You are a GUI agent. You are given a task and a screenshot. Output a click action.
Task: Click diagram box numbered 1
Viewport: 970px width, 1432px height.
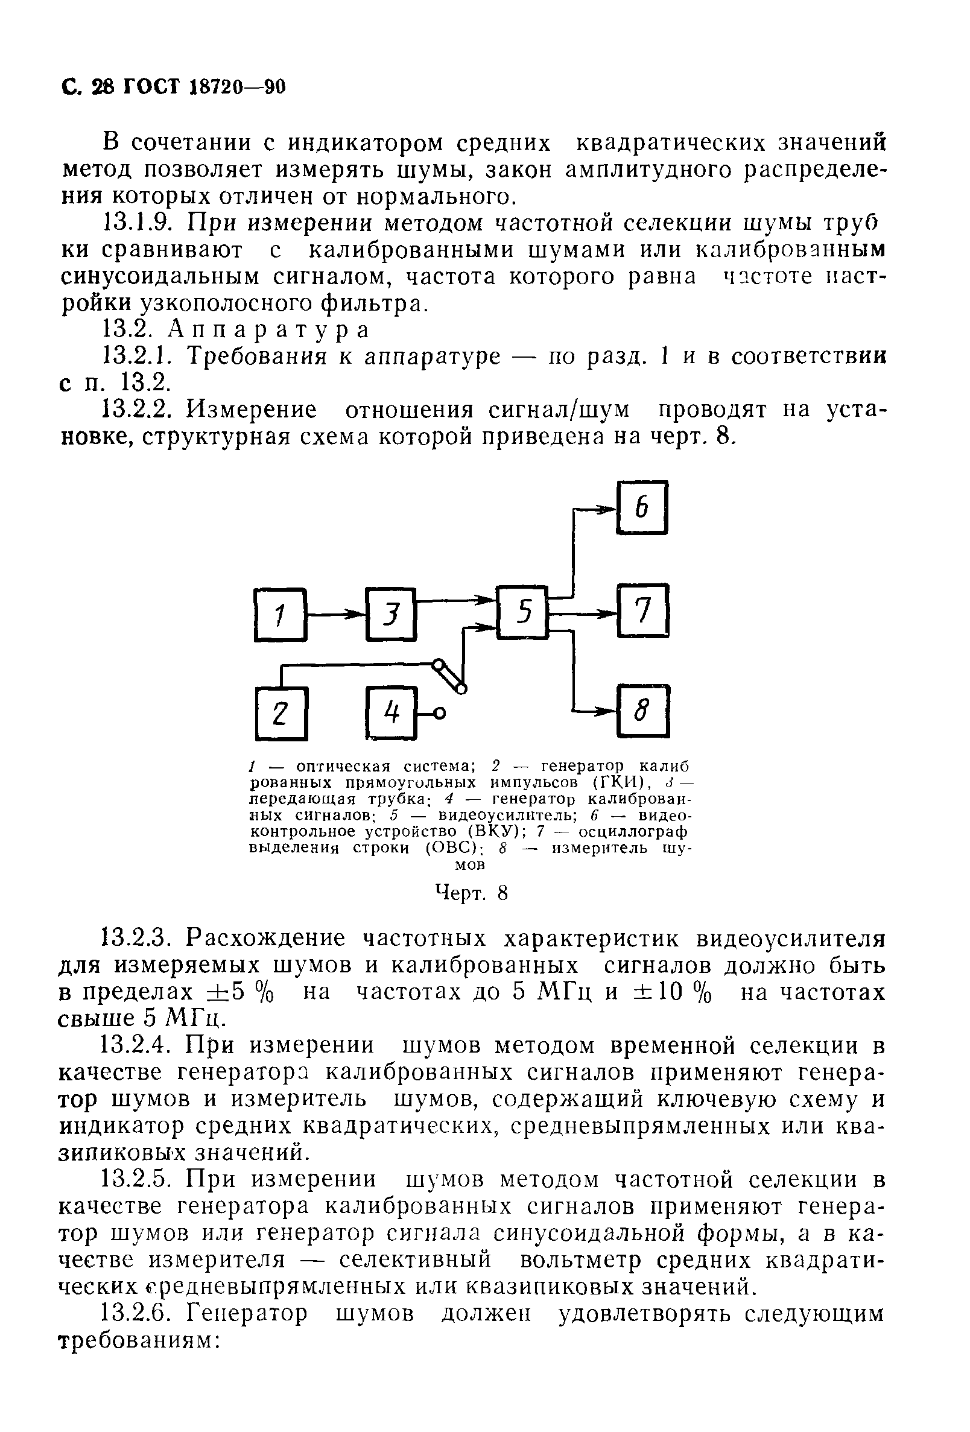click(x=281, y=614)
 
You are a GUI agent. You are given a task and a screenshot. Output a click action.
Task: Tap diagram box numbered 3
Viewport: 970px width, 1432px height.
click(x=391, y=614)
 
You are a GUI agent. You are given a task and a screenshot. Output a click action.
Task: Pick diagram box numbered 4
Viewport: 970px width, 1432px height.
click(x=392, y=713)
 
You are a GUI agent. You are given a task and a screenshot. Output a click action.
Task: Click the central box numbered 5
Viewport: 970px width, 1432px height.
click(x=522, y=612)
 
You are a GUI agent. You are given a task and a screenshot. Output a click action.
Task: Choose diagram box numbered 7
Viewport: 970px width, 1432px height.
click(x=643, y=610)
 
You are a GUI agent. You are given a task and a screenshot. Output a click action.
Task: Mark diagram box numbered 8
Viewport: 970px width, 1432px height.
click(x=643, y=712)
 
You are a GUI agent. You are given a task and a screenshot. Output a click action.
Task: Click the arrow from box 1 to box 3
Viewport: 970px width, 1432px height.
click(x=336, y=613)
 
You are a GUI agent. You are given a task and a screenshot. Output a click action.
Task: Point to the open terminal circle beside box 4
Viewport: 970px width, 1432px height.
click(x=439, y=714)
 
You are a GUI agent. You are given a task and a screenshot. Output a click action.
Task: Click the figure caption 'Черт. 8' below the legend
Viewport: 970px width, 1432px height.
click(x=472, y=893)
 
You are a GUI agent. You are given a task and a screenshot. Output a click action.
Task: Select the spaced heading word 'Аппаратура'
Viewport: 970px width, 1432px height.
click(x=268, y=331)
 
